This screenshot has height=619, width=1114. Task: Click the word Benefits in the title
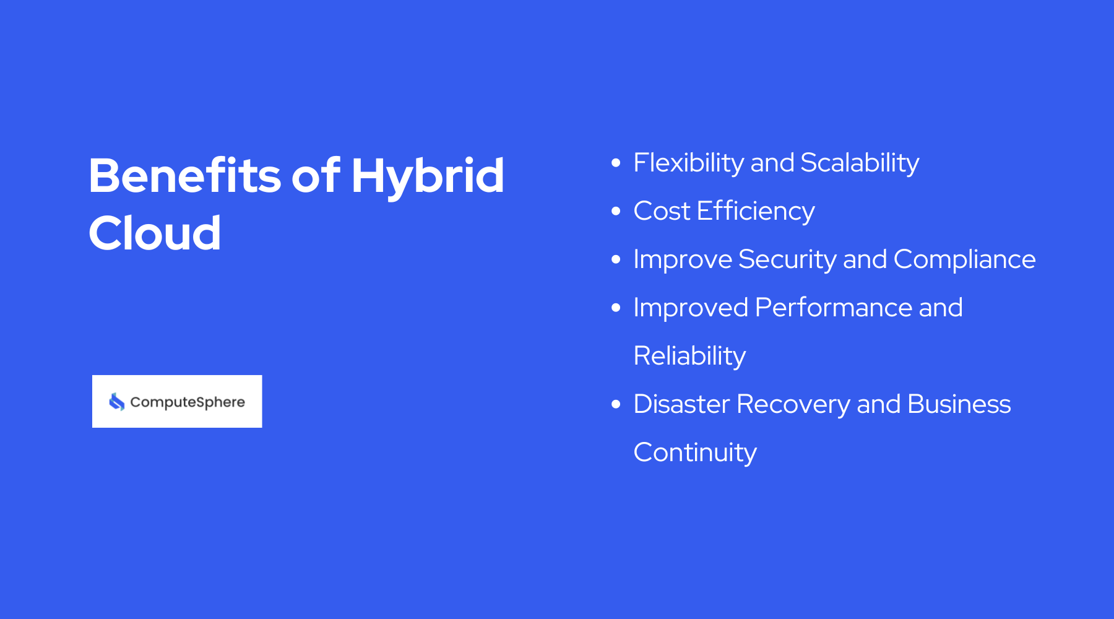point(184,176)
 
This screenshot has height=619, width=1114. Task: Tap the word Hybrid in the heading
point(428,176)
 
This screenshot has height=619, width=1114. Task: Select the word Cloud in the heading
point(155,233)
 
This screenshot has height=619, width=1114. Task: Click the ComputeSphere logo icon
point(117,402)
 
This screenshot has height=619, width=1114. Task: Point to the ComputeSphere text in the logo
point(188,402)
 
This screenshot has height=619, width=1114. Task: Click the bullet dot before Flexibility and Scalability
point(616,163)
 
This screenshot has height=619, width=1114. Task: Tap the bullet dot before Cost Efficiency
point(616,211)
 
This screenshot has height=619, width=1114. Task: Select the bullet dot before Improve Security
point(616,259)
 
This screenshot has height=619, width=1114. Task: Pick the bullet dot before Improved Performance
point(616,308)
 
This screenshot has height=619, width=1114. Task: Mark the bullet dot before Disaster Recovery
point(616,404)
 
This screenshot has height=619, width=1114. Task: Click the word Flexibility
point(688,163)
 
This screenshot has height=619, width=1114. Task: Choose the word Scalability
point(859,163)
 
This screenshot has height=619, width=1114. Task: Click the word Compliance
point(964,259)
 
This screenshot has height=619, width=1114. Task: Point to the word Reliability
point(689,356)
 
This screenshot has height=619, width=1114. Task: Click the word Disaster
point(681,404)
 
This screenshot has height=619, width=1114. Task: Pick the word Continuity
point(694,452)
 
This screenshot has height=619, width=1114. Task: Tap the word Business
point(959,404)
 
